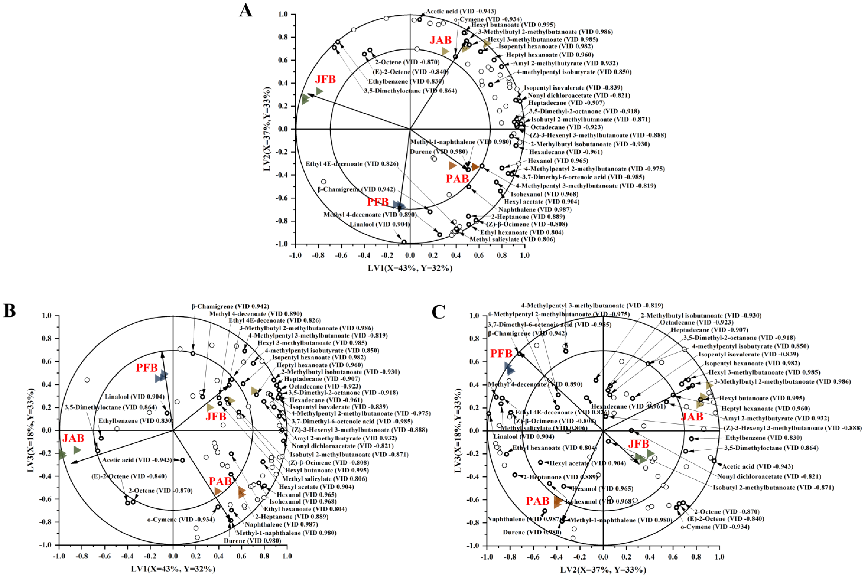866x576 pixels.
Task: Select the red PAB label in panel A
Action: coord(457,179)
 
